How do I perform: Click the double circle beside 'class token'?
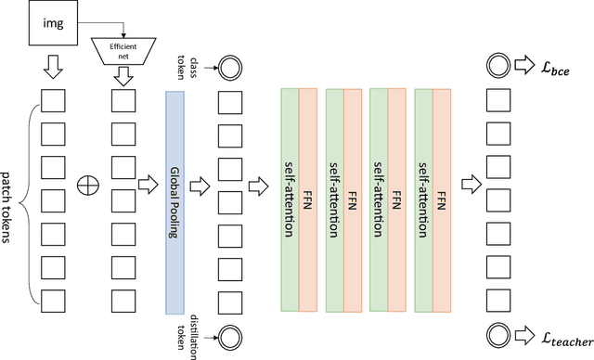(227, 68)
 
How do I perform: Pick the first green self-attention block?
(289, 200)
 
